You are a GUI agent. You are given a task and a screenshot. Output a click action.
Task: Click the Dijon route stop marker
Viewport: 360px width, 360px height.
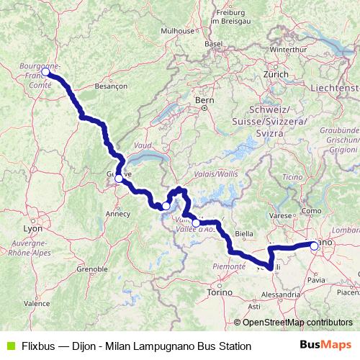tap(45, 72)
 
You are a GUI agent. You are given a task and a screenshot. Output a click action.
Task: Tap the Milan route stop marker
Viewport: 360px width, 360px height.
tap(314, 246)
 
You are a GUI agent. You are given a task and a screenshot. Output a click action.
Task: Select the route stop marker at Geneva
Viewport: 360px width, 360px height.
tap(119, 178)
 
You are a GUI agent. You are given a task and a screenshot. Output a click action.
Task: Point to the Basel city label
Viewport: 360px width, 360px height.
tap(212, 44)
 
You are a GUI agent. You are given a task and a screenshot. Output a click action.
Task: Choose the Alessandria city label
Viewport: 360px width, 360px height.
tap(282, 294)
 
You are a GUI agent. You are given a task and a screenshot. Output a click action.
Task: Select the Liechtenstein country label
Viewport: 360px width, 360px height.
tap(335, 87)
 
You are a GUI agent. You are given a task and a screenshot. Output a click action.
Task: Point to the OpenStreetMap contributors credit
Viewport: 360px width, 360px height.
tap(292, 323)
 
